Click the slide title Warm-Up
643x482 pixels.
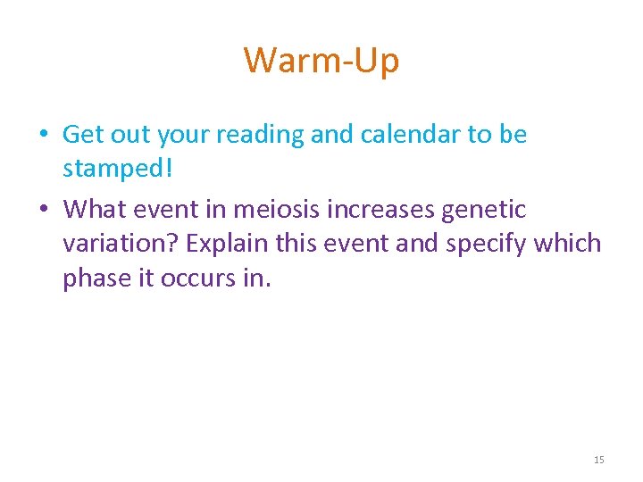click(x=321, y=61)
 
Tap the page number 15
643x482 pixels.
click(x=598, y=460)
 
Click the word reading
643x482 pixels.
click(x=261, y=136)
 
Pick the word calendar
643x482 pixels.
click(x=415, y=134)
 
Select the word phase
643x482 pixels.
click(x=95, y=279)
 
